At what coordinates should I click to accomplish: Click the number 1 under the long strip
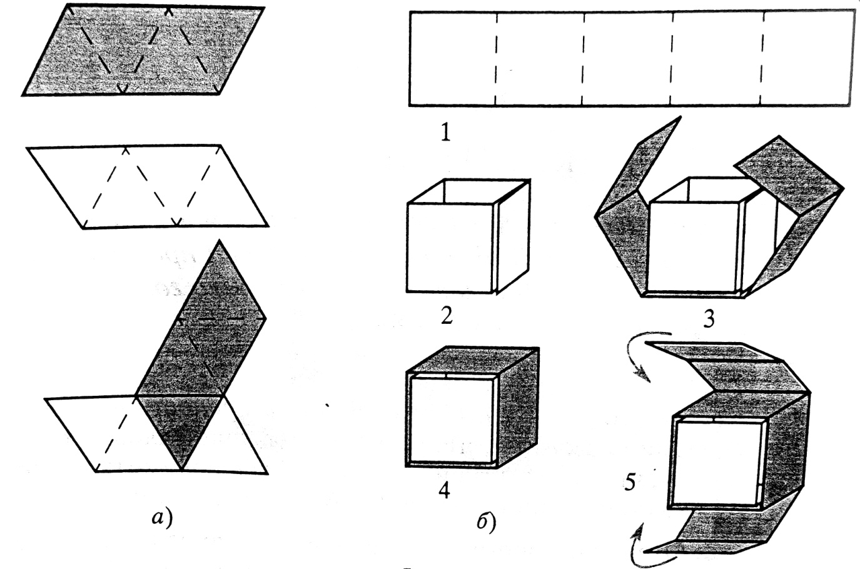coord(445,133)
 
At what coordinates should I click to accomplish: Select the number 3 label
coord(709,318)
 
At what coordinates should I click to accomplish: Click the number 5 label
coord(630,482)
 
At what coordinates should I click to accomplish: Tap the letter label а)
coord(162,518)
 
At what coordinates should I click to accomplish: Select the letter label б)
coord(486,523)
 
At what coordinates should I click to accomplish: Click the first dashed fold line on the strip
coord(495,58)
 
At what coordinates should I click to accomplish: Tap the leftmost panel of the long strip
coord(453,58)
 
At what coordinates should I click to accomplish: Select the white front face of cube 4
coord(452,420)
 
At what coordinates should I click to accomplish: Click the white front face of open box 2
coord(450,248)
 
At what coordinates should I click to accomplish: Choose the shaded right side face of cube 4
coord(518,407)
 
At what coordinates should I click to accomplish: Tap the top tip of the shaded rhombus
coord(220,240)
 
